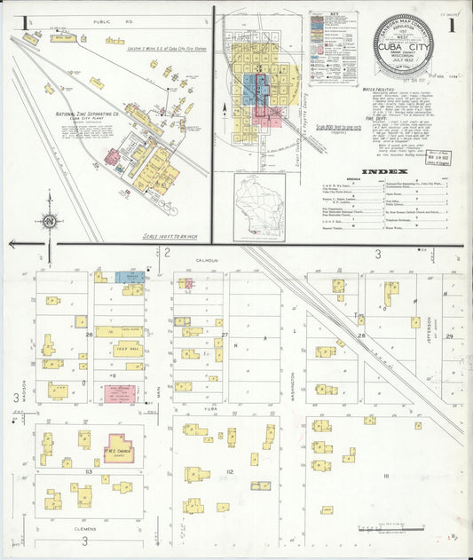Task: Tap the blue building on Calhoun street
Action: (131, 277)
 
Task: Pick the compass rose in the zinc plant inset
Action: (47, 222)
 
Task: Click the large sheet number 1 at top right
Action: (452, 25)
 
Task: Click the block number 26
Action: (90, 335)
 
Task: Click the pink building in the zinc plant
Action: (114, 157)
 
